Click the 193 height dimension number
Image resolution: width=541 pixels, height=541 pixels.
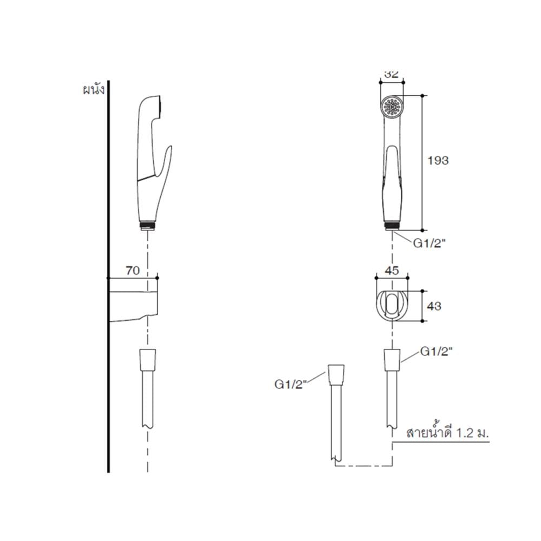pyautogui.click(x=438, y=161)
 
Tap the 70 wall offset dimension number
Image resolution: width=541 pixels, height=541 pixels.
pyautogui.click(x=133, y=270)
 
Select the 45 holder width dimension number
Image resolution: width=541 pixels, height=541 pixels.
pyautogui.click(x=392, y=270)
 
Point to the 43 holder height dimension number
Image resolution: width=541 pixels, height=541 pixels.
pyautogui.click(x=434, y=306)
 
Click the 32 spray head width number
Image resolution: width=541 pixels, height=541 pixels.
pyautogui.click(x=392, y=74)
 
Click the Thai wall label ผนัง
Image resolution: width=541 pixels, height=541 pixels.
pyautogui.click(x=94, y=90)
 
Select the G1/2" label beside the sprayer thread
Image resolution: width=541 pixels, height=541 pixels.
pyautogui.click(x=430, y=243)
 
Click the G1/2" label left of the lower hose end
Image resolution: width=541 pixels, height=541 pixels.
pyautogui.click(x=291, y=384)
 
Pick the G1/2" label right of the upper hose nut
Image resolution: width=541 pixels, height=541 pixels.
pyautogui.click(x=437, y=352)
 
